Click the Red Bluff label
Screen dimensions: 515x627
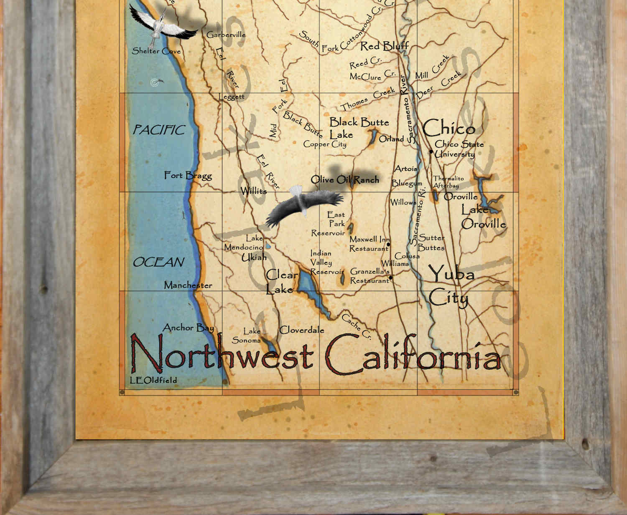coord(384,46)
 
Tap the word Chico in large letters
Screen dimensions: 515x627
coord(449,128)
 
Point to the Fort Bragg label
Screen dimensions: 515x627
coord(188,176)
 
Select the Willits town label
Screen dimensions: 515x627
coord(254,191)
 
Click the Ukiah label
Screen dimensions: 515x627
coord(254,257)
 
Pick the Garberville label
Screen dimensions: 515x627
coord(226,35)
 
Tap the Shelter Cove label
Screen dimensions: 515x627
coord(156,51)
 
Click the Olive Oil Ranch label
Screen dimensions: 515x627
coord(345,180)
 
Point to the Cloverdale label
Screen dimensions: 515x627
coord(301,330)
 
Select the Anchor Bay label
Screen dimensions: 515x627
coord(188,328)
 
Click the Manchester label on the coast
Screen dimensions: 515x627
coord(188,285)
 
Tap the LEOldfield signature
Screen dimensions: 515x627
coord(153,380)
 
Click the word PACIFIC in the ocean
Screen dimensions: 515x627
coord(159,130)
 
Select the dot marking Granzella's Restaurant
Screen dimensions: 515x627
coord(391,278)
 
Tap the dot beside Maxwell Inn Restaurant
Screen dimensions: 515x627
coord(388,245)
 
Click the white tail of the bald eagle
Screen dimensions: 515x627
coord(296,191)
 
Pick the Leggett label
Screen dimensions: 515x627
coord(232,97)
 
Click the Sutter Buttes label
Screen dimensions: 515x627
coord(431,242)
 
